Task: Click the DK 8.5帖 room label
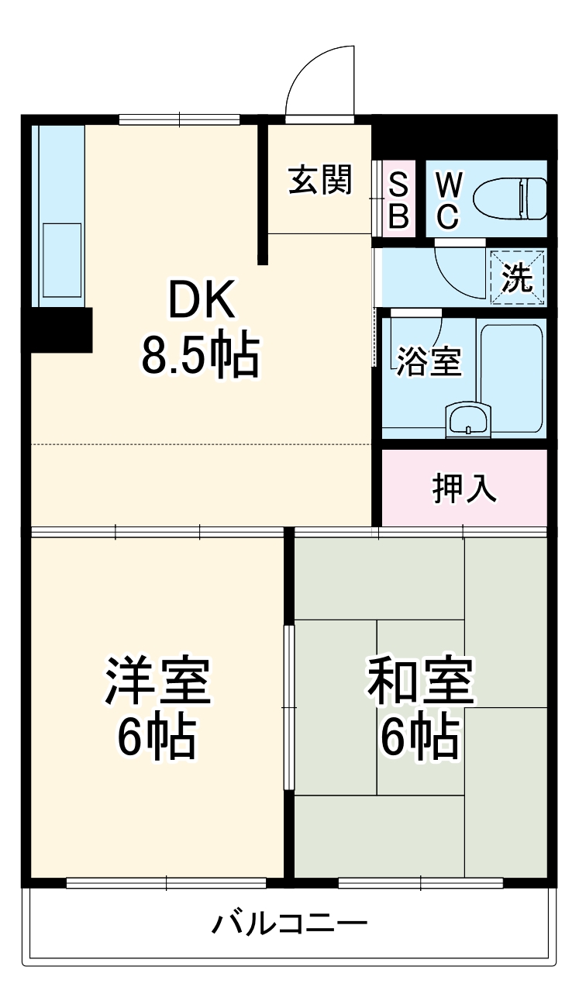pos(198,326)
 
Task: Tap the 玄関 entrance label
pos(320,180)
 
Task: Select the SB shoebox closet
pos(398,199)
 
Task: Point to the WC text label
pos(449,199)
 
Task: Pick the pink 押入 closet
pos(464,488)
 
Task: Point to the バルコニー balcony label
pos(289,924)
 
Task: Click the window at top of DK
pos(179,119)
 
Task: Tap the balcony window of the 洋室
pos(166,882)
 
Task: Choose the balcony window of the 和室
pos(420,882)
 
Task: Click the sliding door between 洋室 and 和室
pos(289,708)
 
